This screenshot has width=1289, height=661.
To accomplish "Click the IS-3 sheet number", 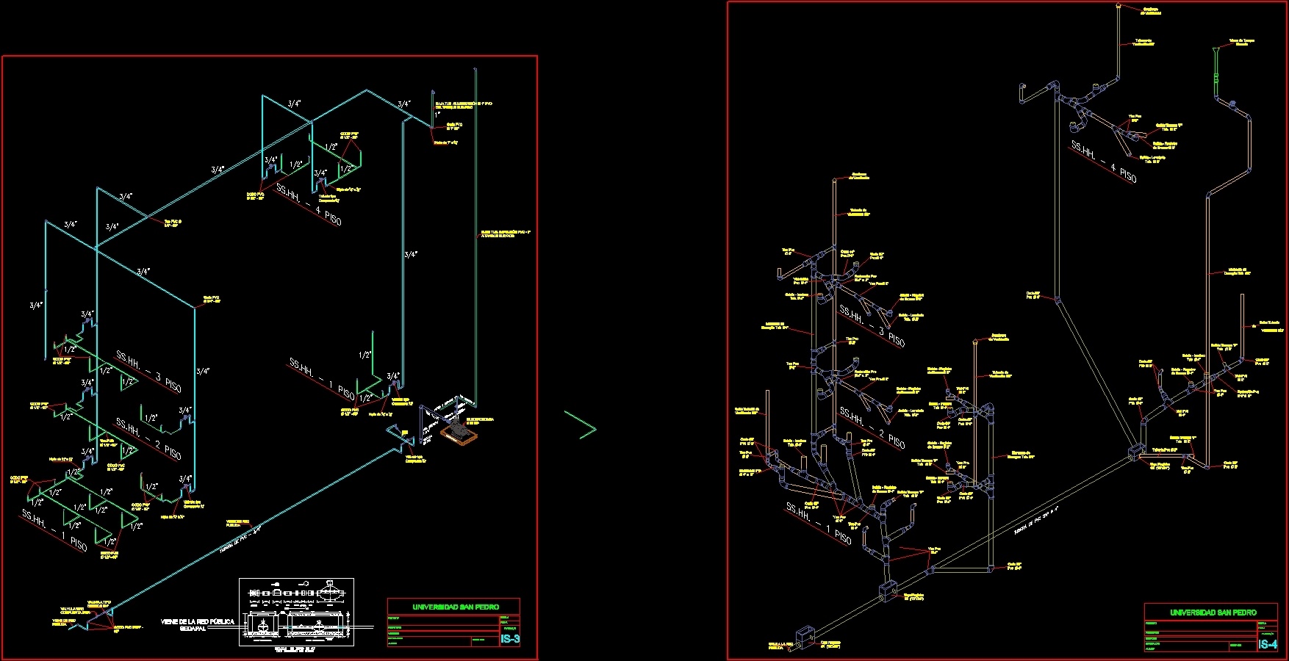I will click(510, 640).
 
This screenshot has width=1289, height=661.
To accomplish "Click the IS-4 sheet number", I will click(1268, 644).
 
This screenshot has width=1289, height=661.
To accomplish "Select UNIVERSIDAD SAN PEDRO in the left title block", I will click(455, 607).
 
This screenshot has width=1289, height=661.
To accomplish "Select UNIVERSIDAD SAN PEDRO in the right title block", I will click(1213, 612).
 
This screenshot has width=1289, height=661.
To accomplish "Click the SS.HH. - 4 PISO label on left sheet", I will click(309, 205).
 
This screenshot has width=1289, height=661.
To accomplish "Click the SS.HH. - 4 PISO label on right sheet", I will click(1104, 162).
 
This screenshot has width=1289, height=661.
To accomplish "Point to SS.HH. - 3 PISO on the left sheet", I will click(148, 372).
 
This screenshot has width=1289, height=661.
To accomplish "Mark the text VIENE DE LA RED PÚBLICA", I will click(198, 621).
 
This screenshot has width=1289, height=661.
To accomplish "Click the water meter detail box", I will click(296, 612).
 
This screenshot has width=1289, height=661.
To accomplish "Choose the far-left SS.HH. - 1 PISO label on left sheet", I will click(54, 530).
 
